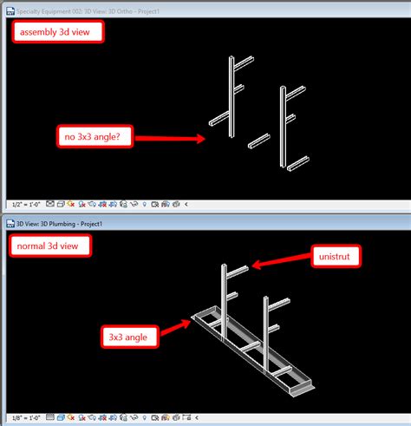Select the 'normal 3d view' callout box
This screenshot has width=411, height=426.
50,246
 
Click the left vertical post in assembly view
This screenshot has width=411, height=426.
232,95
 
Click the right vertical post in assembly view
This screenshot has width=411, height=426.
282,126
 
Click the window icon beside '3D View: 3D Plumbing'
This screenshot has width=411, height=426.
8,223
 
